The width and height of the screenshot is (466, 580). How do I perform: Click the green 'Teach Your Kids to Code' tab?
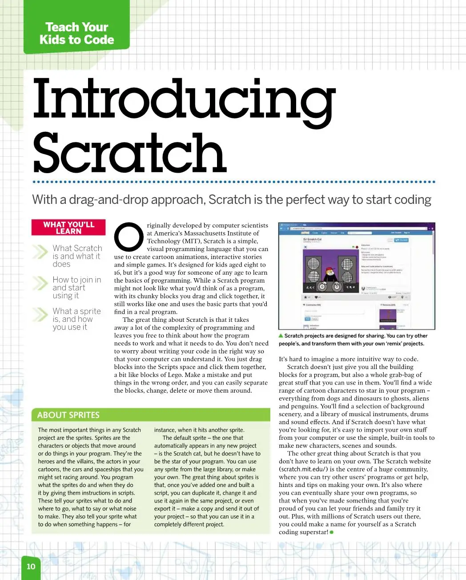[x=76, y=33]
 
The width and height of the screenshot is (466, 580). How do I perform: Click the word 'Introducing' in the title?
[x=184, y=99]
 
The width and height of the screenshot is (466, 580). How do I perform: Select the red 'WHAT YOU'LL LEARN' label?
[x=68, y=227]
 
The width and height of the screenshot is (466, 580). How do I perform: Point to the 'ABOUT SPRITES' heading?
[x=68, y=415]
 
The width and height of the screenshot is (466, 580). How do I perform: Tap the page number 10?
[x=31, y=566]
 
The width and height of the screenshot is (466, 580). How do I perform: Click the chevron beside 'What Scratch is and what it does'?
[x=40, y=252]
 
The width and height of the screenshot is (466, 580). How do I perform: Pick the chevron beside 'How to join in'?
[x=40, y=284]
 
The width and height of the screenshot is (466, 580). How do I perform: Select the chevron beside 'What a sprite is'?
[x=40, y=315]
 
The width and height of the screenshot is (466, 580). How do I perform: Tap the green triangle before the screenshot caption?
[x=281, y=336]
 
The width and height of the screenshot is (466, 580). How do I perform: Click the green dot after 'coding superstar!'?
[x=332, y=532]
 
